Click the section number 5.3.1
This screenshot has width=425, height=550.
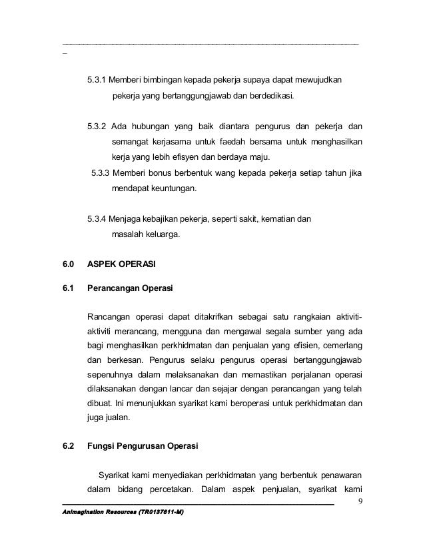(97, 81)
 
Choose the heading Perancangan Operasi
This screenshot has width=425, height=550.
(130, 289)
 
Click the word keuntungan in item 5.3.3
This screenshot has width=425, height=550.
(169, 190)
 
